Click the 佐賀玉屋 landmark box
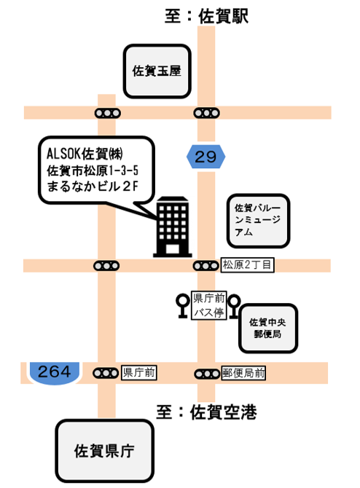(x=157, y=71)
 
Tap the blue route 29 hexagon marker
(x=206, y=157)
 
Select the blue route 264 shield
(x=55, y=373)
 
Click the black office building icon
(x=173, y=227)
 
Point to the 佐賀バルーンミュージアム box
(x=258, y=221)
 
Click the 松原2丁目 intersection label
(x=247, y=265)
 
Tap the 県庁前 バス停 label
(x=208, y=305)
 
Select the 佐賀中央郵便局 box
(x=268, y=328)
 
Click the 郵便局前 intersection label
(x=243, y=373)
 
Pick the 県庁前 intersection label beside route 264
(x=138, y=372)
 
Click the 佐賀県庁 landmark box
(x=105, y=451)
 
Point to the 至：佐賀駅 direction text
(x=206, y=16)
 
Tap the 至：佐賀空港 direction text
(x=206, y=412)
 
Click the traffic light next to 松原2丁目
(x=206, y=266)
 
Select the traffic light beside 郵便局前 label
(x=207, y=374)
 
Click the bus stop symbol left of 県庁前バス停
(x=183, y=306)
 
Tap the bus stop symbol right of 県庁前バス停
(x=234, y=307)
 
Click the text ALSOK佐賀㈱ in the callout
(x=85, y=154)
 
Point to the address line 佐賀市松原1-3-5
(x=93, y=170)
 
